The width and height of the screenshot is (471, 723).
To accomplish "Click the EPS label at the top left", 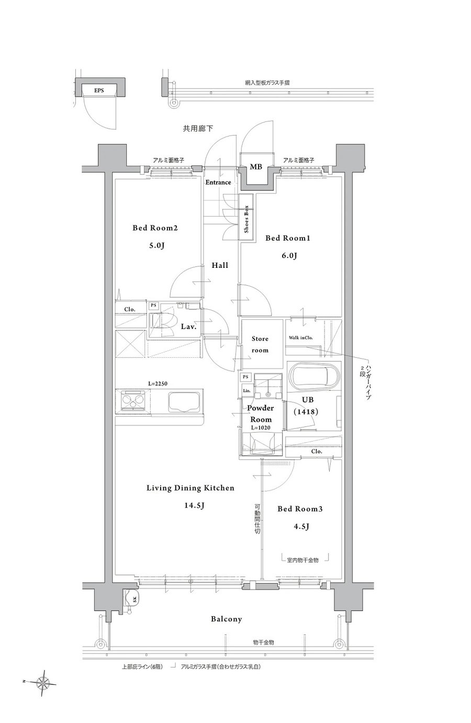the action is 99,91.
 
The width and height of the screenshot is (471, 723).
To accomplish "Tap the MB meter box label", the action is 256,167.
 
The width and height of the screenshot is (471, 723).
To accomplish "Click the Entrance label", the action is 218,182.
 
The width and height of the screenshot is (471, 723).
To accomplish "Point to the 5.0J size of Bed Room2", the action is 156,246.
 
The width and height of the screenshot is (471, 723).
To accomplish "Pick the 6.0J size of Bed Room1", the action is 289,256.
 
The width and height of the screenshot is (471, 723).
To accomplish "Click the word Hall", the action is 220,265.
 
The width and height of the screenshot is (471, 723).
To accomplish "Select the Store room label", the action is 260,344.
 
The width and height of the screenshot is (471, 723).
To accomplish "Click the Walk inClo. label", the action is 300,338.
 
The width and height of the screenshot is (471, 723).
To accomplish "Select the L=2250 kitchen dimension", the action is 158,384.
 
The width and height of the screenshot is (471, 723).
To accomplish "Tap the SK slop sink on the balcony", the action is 131,599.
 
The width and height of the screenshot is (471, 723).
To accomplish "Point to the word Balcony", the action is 226,619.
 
